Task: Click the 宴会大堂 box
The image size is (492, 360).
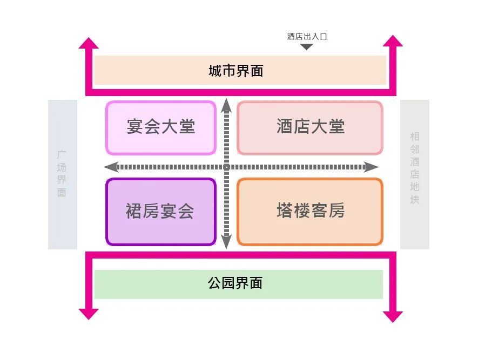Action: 161,127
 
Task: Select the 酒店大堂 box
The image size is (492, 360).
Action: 310,127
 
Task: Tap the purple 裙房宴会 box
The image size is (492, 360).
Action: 160,212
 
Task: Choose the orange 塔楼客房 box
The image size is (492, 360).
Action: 310,211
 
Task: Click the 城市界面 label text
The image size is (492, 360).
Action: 236,71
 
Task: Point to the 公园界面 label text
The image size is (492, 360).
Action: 235,283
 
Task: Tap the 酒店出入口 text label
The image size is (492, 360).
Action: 307,37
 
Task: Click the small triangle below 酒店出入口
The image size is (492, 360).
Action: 307,47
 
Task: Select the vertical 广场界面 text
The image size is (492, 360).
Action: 62,174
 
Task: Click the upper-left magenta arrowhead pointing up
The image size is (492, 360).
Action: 89,43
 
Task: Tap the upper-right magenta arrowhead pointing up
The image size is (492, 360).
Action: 393,41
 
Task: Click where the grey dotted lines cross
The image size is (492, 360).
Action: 227,167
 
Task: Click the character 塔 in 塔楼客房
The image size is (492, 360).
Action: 285,211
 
